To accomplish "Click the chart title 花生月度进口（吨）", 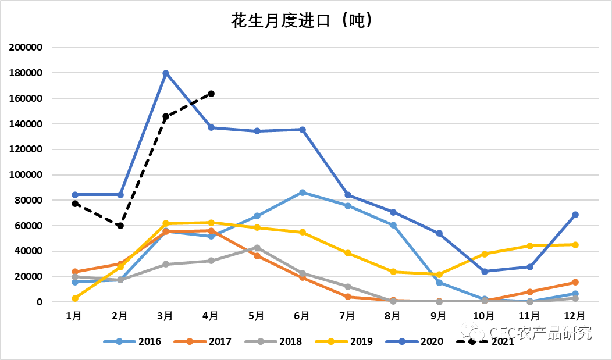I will [301, 22].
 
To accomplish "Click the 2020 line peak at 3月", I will [166, 73].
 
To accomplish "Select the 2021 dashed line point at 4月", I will [211, 94].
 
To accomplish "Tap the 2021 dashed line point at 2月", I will [120, 226].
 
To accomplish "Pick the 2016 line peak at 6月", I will [303, 193].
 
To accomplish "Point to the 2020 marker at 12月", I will [575, 215].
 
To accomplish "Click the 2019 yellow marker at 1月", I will [75, 298].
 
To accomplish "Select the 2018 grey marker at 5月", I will [257, 248].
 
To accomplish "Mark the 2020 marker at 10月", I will [485, 272].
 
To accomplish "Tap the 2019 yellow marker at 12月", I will [575, 245].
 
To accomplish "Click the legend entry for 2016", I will [132, 341].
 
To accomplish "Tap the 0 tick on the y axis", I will [40, 302].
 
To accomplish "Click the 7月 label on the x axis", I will [347, 316].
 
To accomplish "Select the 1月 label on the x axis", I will [74, 316].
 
